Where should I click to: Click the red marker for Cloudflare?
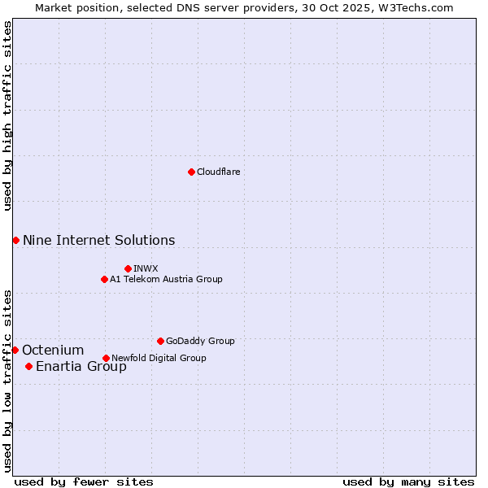[191, 172]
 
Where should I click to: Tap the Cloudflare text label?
[219, 172]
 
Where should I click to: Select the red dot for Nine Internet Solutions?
[15, 240]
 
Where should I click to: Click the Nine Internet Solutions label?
[98, 240]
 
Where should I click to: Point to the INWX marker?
[128, 268]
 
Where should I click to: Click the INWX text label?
[146, 268]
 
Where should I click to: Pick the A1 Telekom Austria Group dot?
[104, 279]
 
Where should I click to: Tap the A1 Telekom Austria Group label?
[166, 279]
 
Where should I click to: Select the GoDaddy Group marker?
[160, 341]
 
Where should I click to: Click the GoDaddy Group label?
[200, 341]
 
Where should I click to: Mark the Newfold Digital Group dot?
[106, 358]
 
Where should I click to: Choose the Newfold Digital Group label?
[159, 358]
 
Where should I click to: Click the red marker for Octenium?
[15, 350]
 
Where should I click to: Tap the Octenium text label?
[53, 350]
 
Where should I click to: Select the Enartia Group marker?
[28, 366]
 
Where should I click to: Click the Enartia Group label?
[81, 366]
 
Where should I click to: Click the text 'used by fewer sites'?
[84, 481]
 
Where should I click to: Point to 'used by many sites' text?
[408, 481]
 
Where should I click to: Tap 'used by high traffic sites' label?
[7, 116]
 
